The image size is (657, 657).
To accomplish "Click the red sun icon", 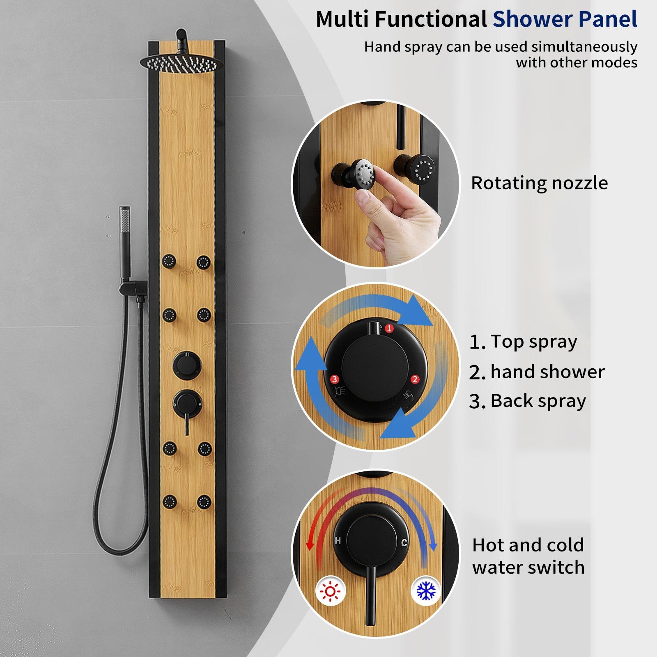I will [x=331, y=592].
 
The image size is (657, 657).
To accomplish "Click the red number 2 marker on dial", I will [x=415, y=379].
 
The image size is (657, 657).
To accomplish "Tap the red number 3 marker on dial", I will [x=334, y=379].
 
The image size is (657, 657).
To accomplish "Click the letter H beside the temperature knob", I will [x=338, y=541].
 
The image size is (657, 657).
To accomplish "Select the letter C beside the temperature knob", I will [x=404, y=543].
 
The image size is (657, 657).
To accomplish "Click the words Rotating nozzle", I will [x=539, y=183].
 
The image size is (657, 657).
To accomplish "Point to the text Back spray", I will [x=538, y=401].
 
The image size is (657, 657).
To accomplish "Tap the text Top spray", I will [x=534, y=342].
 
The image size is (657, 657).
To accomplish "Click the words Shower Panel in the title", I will [x=565, y=19].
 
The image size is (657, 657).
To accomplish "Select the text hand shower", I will [x=547, y=372].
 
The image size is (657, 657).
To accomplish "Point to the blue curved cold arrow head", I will [x=432, y=546].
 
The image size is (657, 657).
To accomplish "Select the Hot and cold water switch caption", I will [x=528, y=556].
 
